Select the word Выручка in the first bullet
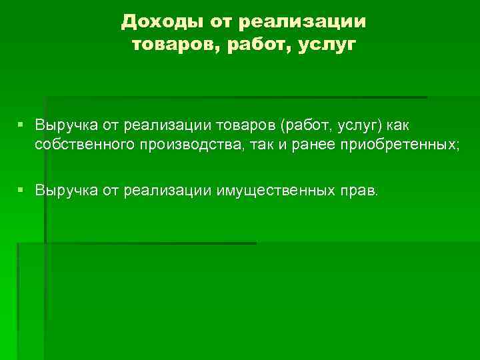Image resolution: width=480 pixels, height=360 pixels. click(x=66, y=124)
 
